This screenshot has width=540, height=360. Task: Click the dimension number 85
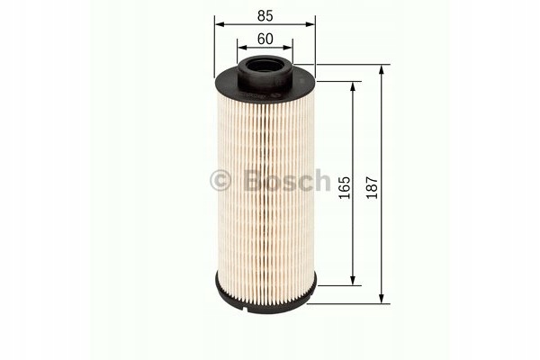pos(265,16)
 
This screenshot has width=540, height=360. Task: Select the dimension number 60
pos(265,39)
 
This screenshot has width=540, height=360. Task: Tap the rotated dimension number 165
pos(344,187)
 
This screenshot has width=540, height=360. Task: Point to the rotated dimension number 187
pos(373,187)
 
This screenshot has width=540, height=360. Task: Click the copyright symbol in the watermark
pos(220,181)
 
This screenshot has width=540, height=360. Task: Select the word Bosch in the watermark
pos(287,180)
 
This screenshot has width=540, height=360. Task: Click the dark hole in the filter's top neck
pos(265,66)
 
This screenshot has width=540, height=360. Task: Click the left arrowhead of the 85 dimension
pos(220,24)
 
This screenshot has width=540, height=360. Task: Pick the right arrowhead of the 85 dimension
pos(310,24)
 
